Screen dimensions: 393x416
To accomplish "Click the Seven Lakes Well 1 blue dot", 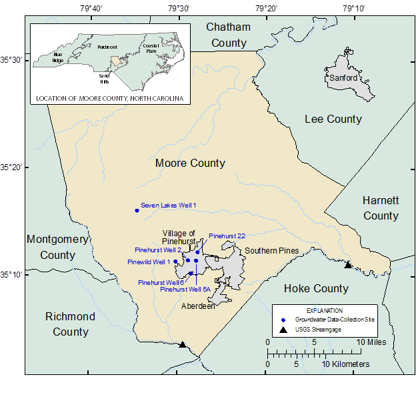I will click(x=137, y=210).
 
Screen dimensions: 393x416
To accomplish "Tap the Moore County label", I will click(x=190, y=163).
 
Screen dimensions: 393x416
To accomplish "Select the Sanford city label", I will click(x=343, y=78).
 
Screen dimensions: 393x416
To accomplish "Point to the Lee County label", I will click(x=333, y=119).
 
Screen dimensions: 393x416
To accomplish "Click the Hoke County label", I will click(x=316, y=288).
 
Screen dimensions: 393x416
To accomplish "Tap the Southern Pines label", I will click(x=271, y=251).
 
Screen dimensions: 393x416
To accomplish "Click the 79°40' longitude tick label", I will click(x=91, y=9).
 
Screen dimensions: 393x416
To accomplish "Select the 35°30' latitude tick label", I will click(x=13, y=60).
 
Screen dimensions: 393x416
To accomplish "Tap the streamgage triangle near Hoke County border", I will click(x=347, y=265).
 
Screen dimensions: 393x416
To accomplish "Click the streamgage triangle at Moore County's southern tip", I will click(x=183, y=344).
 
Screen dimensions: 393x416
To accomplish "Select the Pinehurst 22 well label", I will click(x=227, y=236).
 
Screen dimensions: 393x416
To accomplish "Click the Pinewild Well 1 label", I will click(x=149, y=262).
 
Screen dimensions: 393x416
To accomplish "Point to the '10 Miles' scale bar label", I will click(x=371, y=342).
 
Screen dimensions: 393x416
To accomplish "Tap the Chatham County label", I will click(x=228, y=35).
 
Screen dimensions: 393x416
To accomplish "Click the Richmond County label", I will click(x=71, y=324).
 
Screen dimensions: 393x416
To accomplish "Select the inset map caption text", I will click(x=109, y=99).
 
